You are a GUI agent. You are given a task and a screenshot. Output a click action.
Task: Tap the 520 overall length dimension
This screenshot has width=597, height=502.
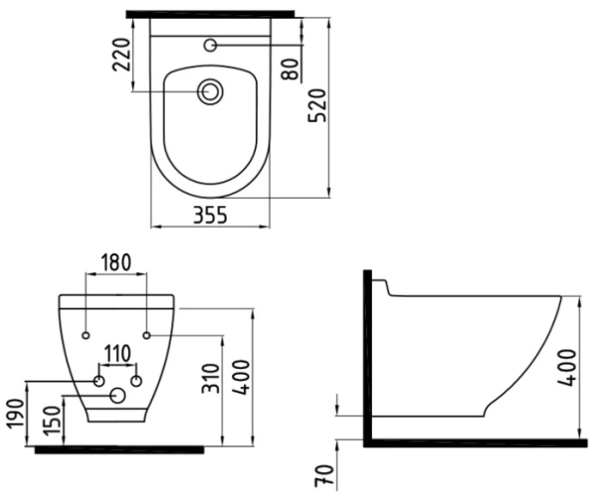317,103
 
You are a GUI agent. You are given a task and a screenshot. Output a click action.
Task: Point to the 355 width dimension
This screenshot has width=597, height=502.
209,214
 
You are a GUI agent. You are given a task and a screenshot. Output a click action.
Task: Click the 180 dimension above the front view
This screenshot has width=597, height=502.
117,262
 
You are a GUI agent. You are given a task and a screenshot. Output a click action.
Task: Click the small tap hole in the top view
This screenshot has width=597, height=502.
210,45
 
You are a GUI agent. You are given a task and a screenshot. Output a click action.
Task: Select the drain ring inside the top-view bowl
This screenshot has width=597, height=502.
210,92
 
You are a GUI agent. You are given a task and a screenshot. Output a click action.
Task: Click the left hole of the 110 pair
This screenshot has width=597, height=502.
99,381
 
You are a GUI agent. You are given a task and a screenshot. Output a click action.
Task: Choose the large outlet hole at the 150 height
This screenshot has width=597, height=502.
118,397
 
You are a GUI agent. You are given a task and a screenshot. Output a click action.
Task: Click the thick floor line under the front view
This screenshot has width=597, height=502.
119,450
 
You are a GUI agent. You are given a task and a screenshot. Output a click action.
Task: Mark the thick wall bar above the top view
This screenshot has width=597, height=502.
211,14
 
